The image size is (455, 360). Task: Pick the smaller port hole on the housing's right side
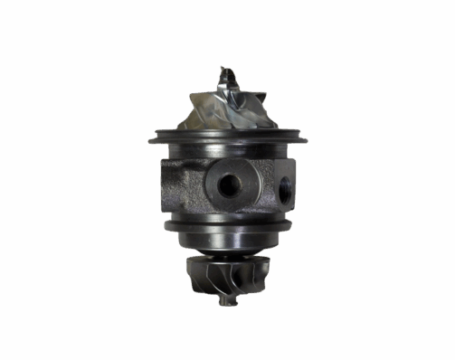287,188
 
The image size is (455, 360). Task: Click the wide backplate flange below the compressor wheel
226,137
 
